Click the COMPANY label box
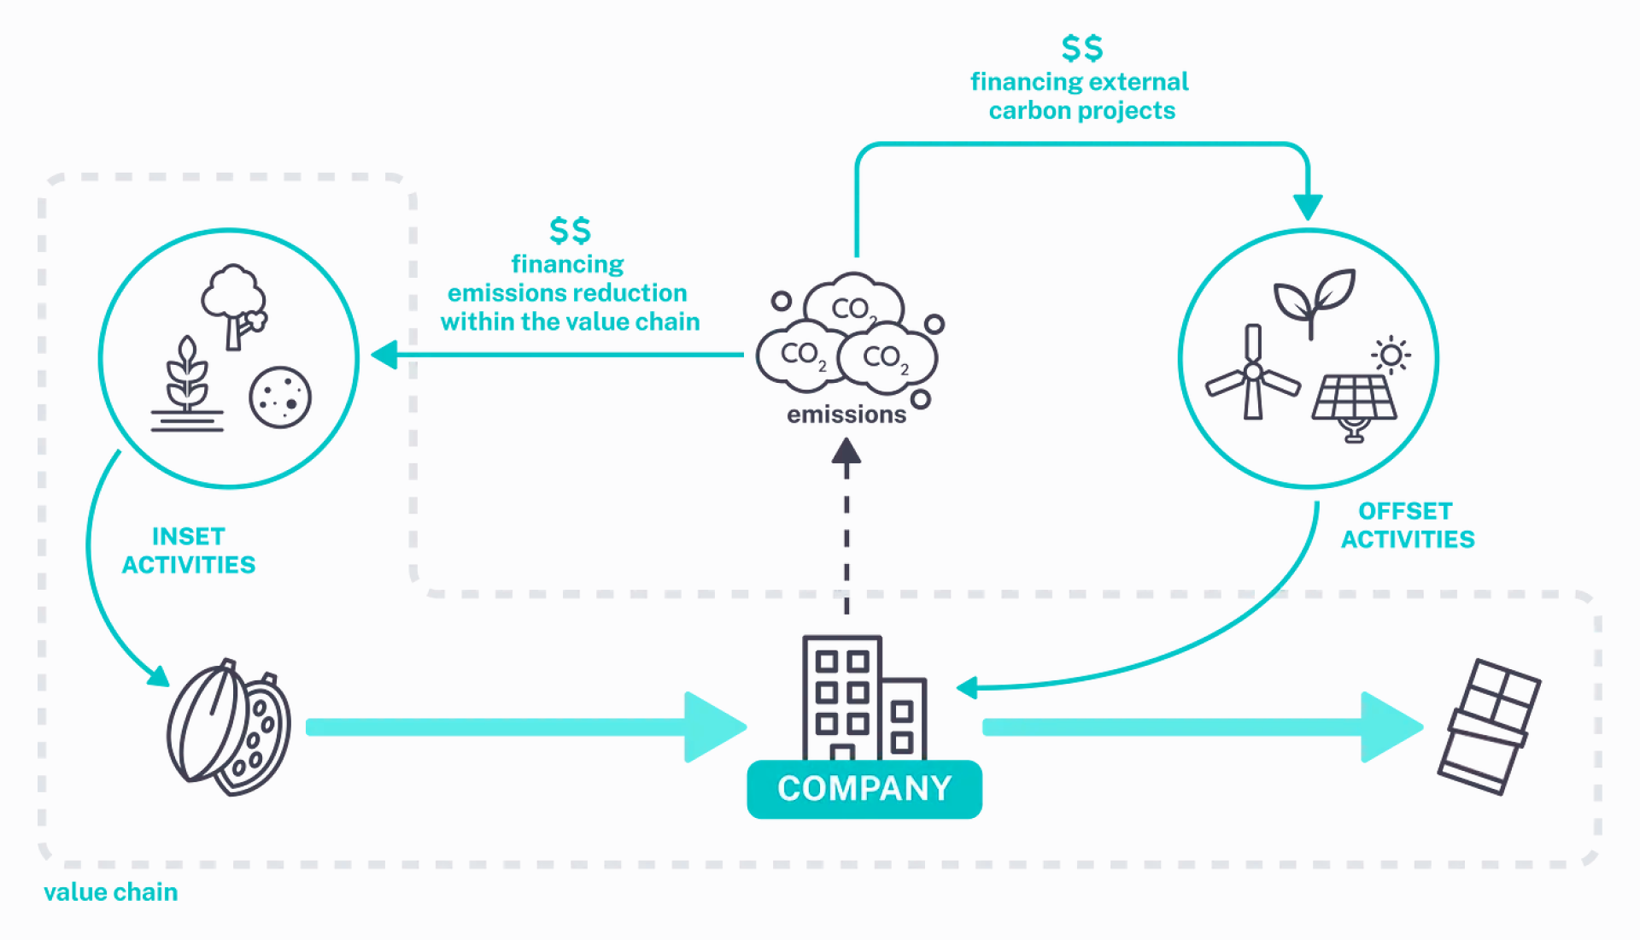point(864,789)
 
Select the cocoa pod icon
point(228,727)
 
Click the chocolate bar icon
point(1489,727)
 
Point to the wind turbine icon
point(1252,374)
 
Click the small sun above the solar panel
point(1391,355)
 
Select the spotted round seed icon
point(280,397)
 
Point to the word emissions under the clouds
point(846,415)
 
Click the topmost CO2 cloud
point(852,304)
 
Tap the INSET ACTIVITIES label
point(189,550)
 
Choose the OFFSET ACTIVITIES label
point(1407,525)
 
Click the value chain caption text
point(111,892)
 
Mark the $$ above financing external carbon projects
point(1081,49)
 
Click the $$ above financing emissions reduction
point(570,231)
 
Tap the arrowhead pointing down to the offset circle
point(1308,207)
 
